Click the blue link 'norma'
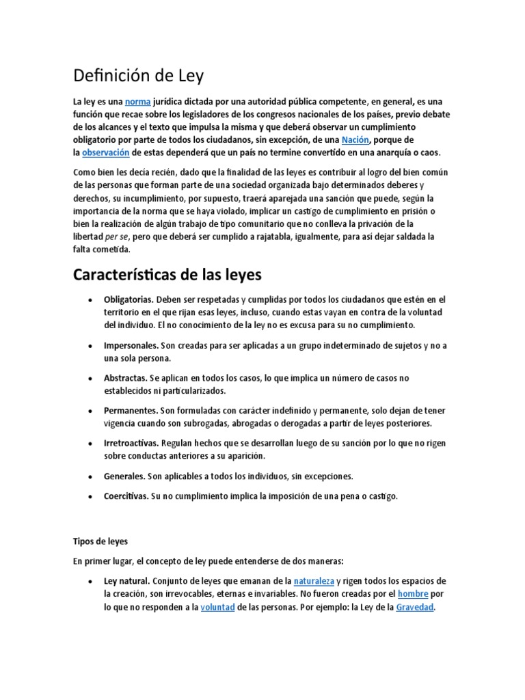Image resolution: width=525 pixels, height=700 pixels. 137,101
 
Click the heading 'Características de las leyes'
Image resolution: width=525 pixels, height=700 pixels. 167,275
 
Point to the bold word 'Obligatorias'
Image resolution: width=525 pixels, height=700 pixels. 128,299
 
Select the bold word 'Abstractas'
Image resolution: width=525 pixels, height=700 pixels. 124,378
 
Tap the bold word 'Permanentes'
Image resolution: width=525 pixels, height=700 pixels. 129,410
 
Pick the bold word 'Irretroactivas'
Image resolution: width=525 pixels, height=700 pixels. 131,443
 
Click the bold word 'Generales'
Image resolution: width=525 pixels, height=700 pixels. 124,475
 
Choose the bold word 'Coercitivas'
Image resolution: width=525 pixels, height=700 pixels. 126,496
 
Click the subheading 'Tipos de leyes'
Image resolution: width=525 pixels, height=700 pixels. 100,541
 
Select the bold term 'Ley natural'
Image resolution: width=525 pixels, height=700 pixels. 126,580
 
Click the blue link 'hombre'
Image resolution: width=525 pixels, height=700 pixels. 412,593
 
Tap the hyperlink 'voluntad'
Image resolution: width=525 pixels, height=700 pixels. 217,606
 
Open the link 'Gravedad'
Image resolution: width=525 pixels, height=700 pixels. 414,606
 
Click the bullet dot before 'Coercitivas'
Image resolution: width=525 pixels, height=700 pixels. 91,497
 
